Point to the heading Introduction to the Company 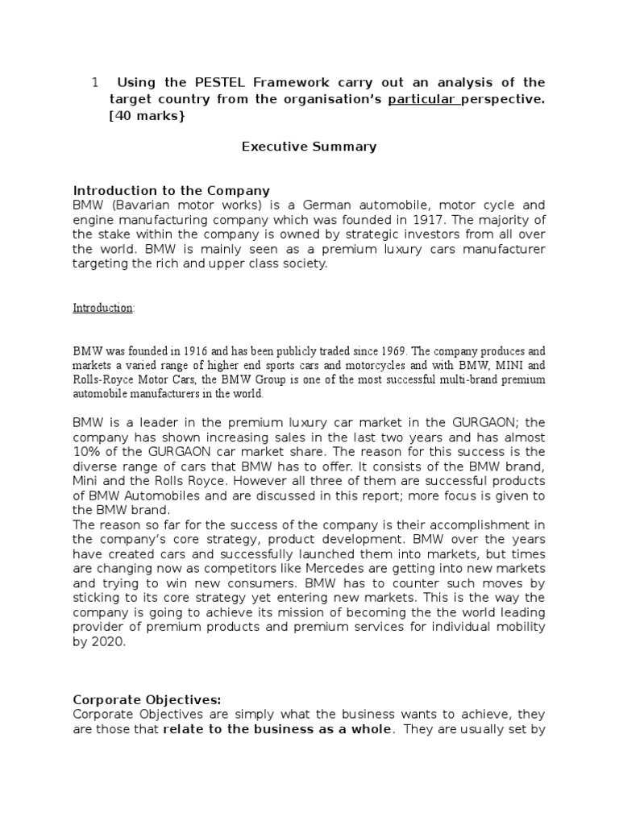(172, 191)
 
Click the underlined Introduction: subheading (104, 308)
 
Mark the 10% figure (86, 452)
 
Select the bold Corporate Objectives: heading (147, 699)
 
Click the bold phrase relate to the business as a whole (278, 729)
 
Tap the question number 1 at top (94, 82)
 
